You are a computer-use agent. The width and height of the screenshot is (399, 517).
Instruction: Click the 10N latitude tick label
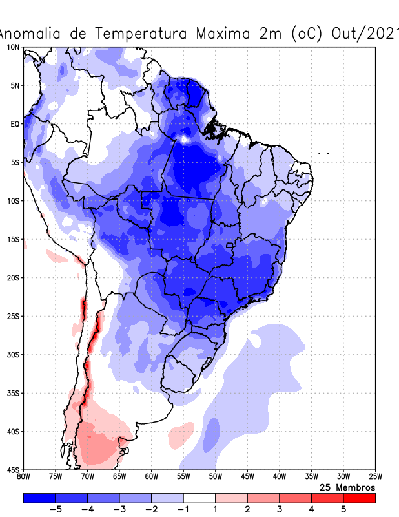[13, 47]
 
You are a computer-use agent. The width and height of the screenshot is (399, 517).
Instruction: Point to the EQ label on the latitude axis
[15, 124]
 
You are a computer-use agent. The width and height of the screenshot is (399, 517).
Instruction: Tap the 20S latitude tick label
[13, 278]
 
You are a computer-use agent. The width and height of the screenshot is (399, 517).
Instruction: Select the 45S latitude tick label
[13, 469]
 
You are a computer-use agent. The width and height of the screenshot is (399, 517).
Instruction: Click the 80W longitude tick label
[24, 477]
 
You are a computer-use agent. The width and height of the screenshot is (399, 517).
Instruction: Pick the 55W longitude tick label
[183, 477]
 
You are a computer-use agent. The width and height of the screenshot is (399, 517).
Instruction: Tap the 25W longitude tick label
[374, 477]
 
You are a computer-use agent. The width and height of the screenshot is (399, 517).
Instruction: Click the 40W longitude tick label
[279, 477]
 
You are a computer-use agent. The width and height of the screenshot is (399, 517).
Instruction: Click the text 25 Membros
[347, 487]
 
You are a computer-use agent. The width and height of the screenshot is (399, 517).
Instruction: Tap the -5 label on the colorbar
[57, 509]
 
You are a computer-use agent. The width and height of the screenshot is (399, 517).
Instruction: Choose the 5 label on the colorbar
[343, 509]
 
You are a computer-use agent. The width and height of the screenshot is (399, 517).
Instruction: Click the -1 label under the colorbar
[184, 509]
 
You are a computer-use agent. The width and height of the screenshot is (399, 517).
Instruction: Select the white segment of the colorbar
[200, 498]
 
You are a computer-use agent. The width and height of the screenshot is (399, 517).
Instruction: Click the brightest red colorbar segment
[359, 498]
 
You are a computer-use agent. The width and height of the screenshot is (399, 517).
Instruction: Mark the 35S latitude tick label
[13, 393]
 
